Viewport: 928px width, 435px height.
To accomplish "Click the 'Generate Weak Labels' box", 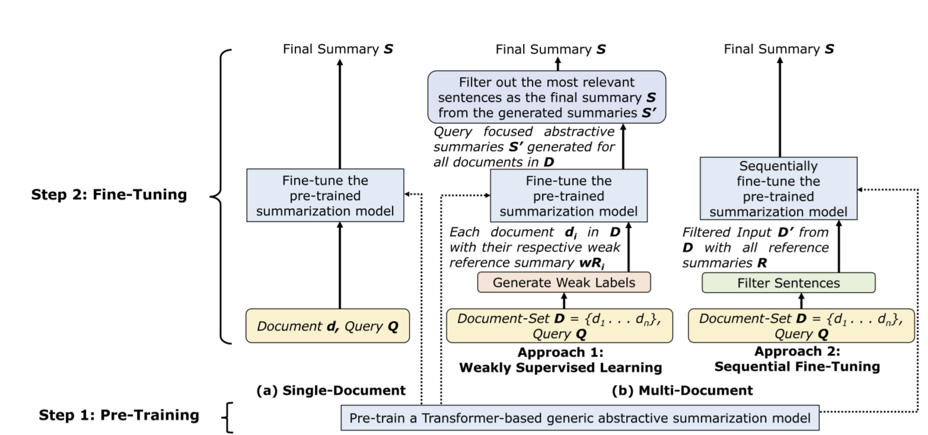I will coord(563,282).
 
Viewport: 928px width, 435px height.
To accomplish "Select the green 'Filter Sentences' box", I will coord(788,283).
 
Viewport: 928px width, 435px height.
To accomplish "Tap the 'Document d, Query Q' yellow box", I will coord(327,326).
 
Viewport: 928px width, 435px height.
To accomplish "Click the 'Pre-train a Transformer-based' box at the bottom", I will coord(579,418).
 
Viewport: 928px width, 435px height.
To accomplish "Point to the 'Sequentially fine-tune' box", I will coord(778,189).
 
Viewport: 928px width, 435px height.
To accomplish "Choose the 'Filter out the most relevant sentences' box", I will coord(546,97).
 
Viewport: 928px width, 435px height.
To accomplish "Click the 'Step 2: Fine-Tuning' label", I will coord(109,194).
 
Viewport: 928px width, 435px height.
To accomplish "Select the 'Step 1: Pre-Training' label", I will coord(119,415).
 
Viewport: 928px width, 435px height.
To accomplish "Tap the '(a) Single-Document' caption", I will coord(331,390).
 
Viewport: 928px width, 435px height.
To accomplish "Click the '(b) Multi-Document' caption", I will coord(682,390).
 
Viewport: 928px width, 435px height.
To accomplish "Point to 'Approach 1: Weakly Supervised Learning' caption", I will coord(560,360).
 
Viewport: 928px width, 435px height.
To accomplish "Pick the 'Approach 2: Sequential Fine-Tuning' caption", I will coord(796,359).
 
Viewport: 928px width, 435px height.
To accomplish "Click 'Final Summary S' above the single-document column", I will coord(337,49).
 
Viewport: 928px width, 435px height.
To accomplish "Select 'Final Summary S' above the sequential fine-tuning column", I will coord(779,49).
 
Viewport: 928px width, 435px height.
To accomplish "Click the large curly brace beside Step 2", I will coord(221,196).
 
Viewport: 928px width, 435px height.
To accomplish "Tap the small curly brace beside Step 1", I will coord(227,417).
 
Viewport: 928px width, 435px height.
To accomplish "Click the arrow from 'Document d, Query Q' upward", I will coord(339,265).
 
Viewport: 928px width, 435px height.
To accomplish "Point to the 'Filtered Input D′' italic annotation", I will coord(755,247).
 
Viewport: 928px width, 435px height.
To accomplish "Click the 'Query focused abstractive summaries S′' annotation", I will coord(524,147).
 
